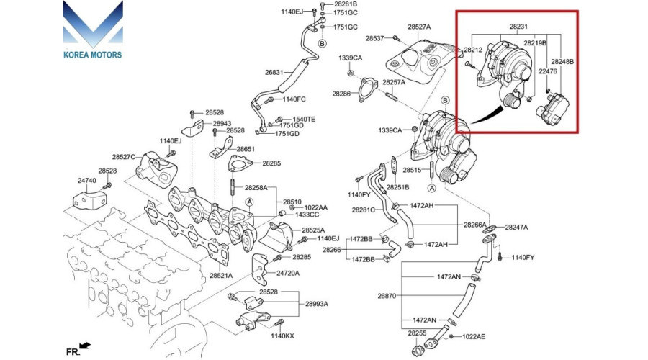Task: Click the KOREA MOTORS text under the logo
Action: (92, 55)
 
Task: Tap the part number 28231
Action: (518, 27)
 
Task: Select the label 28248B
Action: (563, 62)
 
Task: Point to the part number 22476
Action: (549, 72)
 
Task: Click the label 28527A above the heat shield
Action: (418, 27)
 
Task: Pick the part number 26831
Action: (274, 73)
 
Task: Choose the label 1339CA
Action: (351, 57)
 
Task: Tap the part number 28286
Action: (341, 94)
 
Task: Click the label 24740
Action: (86, 180)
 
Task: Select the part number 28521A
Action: (221, 276)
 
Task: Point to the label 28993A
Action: (316, 304)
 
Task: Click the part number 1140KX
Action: (282, 336)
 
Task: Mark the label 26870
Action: (387, 296)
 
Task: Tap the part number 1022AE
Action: (474, 336)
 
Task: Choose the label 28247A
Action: (516, 227)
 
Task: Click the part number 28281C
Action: (363, 210)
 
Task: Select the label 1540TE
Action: (304, 119)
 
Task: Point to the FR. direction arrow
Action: (86, 347)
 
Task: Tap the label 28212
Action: (473, 50)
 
